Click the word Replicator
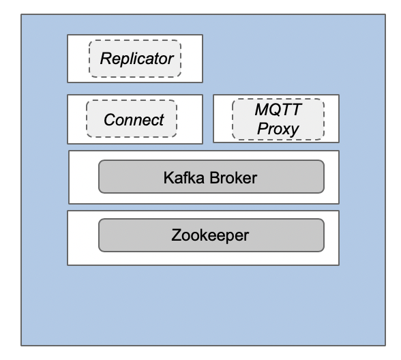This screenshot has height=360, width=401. pos(136,58)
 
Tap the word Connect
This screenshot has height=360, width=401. pos(134,120)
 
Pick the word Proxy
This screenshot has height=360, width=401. pos(278,128)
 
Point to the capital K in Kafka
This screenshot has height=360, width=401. pos(168,177)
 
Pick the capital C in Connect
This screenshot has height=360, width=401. pos(108,120)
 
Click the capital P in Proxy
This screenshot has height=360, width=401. pos(261,128)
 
